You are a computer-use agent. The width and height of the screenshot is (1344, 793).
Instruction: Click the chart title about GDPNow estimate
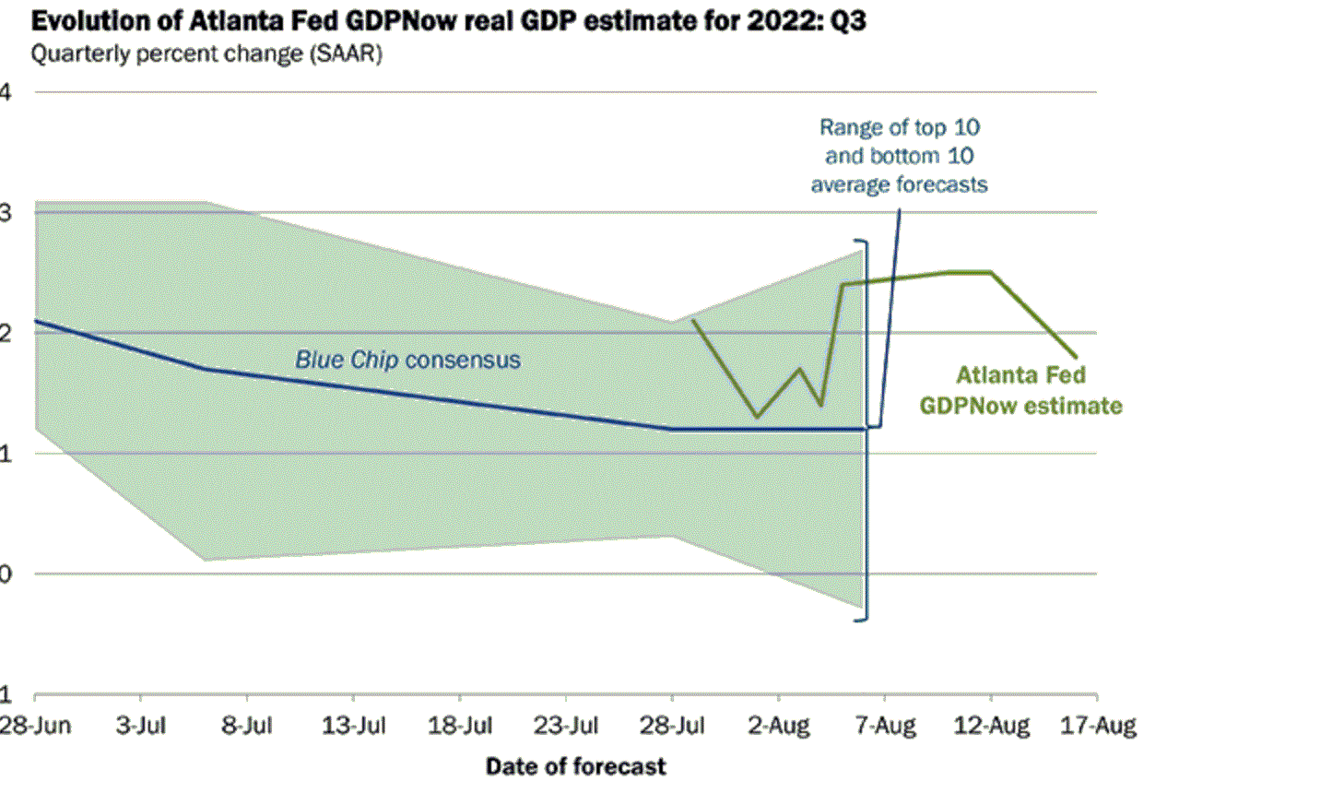click(x=448, y=20)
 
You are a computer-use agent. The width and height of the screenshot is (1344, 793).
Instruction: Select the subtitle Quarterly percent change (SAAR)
click(x=206, y=53)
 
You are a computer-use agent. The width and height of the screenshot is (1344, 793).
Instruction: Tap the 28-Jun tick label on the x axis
click(x=35, y=726)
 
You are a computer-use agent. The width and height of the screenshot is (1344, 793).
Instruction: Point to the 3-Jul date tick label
click(x=141, y=726)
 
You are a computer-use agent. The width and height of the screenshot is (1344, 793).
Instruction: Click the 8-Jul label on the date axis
click(x=247, y=726)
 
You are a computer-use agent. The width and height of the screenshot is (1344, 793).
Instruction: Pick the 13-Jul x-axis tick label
click(x=354, y=726)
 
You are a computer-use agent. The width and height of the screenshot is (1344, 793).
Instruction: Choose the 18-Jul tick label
click(x=460, y=726)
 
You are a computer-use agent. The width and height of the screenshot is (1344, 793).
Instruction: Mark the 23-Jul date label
click(x=566, y=726)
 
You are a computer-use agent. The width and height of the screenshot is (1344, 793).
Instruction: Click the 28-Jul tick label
click(x=672, y=726)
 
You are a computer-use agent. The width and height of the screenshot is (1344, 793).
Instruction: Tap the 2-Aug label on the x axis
click(x=779, y=726)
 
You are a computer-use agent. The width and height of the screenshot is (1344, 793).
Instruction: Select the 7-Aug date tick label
click(x=885, y=726)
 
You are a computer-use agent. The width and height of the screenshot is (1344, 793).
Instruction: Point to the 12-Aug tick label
click(x=991, y=726)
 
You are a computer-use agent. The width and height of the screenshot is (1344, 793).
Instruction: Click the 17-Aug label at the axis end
click(x=1098, y=726)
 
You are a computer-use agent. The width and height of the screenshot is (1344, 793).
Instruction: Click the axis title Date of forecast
click(x=575, y=766)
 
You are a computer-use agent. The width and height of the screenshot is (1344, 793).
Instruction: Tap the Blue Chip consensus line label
click(x=407, y=360)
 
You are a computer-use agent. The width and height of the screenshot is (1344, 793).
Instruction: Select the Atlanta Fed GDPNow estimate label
click(x=1020, y=390)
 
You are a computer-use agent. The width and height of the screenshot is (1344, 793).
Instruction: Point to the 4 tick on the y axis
click(x=6, y=91)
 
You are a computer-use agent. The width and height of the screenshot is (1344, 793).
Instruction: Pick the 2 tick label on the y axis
click(x=6, y=333)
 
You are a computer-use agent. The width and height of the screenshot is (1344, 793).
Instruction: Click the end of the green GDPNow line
click(x=1076, y=356)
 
